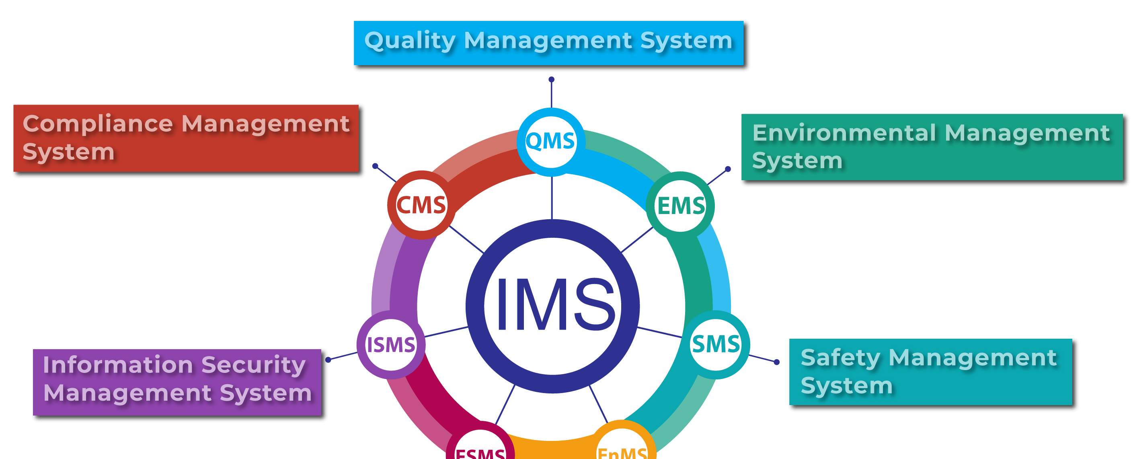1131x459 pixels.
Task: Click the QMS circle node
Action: tap(550, 142)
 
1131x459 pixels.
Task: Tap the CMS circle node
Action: tap(421, 205)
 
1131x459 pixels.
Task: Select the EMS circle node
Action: tap(680, 206)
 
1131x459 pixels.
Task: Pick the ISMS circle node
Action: tap(391, 345)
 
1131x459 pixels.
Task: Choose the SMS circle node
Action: tap(716, 344)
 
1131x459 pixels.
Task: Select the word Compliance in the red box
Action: tap(97, 124)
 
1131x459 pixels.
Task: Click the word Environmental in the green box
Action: tap(844, 133)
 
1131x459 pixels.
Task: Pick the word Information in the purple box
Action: tap(118, 365)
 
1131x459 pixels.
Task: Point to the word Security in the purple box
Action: tap(253, 365)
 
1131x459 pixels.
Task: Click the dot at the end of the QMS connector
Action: tap(552, 80)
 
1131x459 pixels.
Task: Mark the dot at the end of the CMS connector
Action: tap(375, 166)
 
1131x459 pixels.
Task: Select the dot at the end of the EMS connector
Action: tap(727, 169)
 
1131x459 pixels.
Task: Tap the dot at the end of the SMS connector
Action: tap(777, 362)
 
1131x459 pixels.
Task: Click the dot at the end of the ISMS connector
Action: tap(328, 360)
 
